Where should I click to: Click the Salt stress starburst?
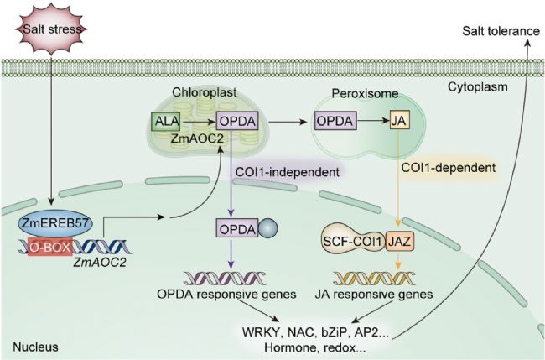[x=50, y=31]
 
